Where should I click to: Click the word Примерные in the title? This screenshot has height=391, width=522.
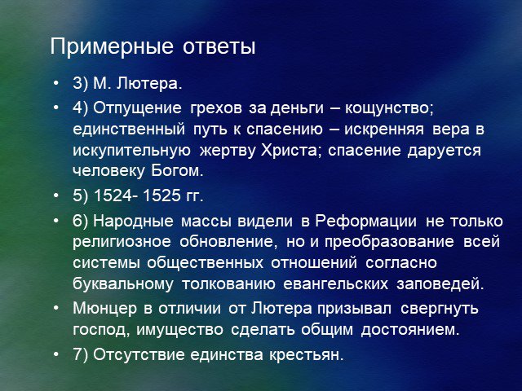(x=112, y=46)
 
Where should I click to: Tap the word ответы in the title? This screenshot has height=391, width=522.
(x=219, y=47)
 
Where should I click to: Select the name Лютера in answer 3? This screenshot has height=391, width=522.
(x=149, y=83)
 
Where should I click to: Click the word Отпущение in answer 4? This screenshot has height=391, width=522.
(x=137, y=108)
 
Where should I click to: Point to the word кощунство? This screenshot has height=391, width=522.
(x=389, y=108)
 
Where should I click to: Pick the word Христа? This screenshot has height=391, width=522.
(x=291, y=150)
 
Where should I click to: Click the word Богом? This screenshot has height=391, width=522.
(x=177, y=171)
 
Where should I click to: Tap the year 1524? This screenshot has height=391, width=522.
(x=113, y=195)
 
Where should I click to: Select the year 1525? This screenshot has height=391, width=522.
(x=162, y=195)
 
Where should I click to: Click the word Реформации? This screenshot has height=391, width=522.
(x=366, y=222)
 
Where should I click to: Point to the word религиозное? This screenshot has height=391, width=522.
(x=122, y=242)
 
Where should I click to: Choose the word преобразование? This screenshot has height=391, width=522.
(x=389, y=242)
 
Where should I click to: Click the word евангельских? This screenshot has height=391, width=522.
(x=336, y=284)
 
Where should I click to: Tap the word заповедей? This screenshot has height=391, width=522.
(x=440, y=284)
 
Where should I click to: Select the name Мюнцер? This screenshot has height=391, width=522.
(x=105, y=309)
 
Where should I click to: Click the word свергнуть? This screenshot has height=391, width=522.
(x=440, y=309)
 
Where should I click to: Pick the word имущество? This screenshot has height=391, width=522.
(x=179, y=330)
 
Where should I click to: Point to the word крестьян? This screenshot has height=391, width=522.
(x=307, y=355)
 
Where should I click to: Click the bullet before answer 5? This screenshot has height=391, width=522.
(x=56, y=195)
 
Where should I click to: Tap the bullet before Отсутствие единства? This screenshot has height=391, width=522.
(x=56, y=354)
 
